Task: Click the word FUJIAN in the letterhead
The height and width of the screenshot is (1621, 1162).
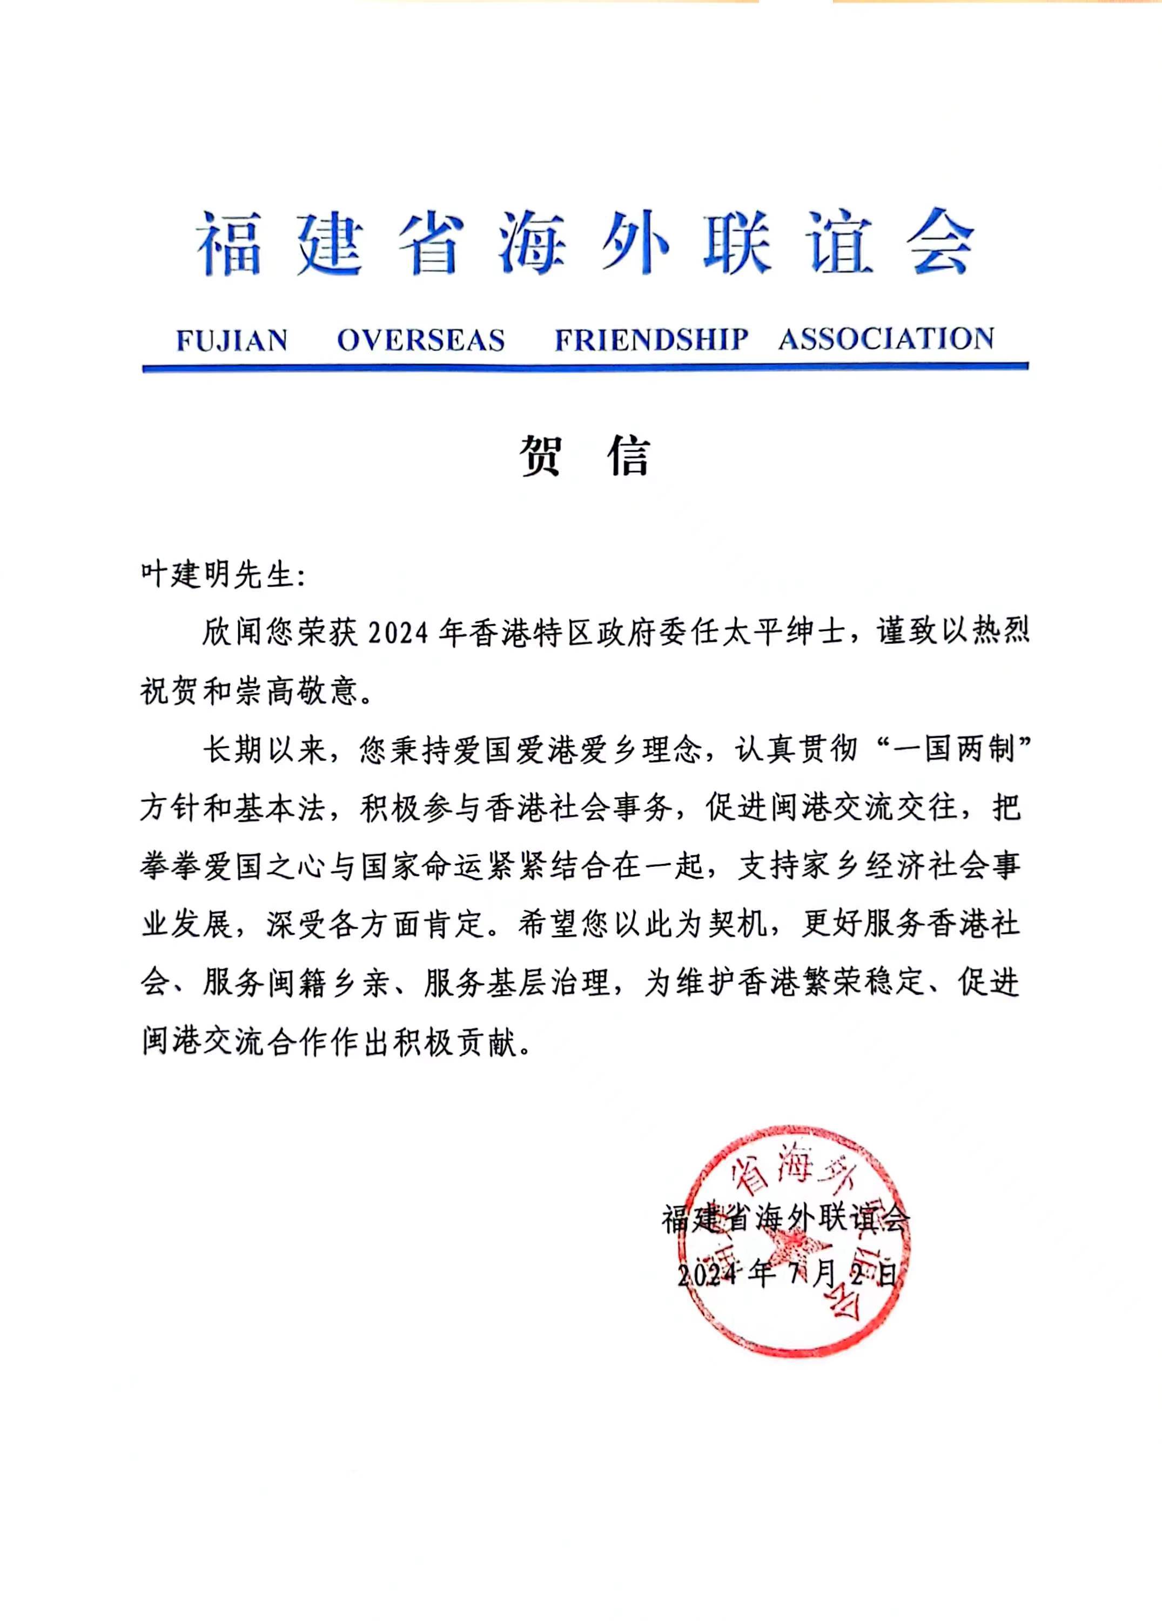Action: pos(232,340)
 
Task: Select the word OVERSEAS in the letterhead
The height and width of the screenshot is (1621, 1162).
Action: pos(421,340)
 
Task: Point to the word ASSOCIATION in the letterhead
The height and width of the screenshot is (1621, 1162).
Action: pos(886,339)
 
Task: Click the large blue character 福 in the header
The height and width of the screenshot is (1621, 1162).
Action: pos(230,244)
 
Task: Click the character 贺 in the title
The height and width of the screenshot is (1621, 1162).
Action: pos(540,456)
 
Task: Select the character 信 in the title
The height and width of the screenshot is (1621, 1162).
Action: pos(629,456)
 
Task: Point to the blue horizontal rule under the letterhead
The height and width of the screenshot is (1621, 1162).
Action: pos(585,367)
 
